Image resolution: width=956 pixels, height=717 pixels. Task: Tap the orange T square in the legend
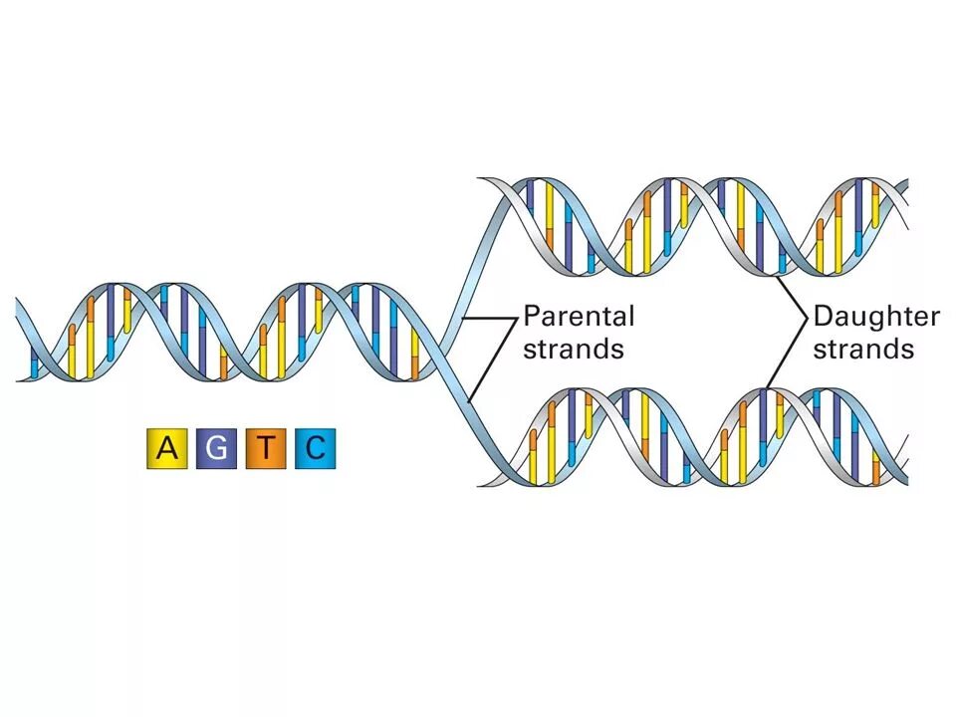click(266, 449)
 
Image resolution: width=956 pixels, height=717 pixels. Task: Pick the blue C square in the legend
click(315, 449)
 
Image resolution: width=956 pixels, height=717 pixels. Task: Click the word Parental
click(579, 317)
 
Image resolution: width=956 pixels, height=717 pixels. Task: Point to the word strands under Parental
click(574, 349)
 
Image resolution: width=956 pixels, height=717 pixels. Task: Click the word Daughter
click(876, 317)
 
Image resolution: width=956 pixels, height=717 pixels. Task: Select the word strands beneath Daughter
click(863, 349)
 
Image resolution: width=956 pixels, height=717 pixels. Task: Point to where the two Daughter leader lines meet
click(806, 318)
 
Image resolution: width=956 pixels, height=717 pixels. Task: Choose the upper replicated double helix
click(697, 226)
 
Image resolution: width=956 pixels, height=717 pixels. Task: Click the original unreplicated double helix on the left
click(219, 333)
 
